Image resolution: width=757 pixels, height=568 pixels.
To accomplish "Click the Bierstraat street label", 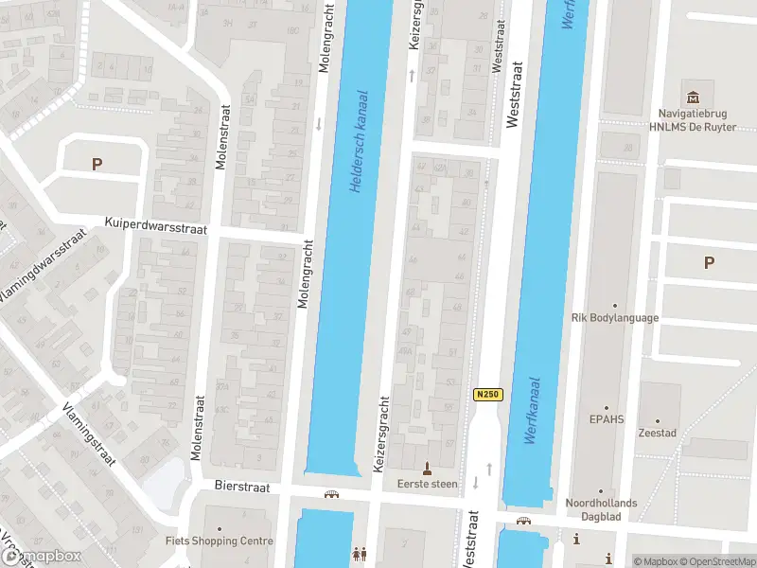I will (x=243, y=487).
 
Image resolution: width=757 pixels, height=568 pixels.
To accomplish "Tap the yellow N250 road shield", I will (x=487, y=395).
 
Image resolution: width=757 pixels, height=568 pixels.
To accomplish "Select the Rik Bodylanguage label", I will (x=615, y=318).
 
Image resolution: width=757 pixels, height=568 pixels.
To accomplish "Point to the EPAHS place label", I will (x=607, y=417).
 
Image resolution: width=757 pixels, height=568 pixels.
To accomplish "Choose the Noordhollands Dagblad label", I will (x=601, y=509).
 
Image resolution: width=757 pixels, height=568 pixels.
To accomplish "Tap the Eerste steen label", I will (x=427, y=484).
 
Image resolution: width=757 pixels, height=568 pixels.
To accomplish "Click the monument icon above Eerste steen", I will (x=427, y=468).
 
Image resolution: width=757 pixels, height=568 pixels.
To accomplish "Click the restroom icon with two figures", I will (x=359, y=553).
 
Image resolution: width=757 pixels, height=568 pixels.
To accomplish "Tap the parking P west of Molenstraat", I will (x=97, y=164).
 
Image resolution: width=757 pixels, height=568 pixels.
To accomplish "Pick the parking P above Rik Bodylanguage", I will (x=709, y=263).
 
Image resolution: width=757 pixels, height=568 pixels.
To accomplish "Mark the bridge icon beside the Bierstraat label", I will (x=331, y=494).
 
